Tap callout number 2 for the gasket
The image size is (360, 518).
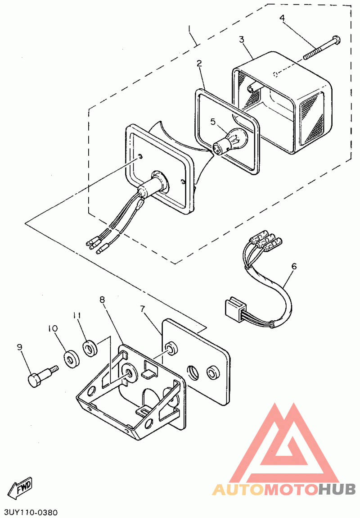coord(199,63)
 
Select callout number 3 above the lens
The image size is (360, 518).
coord(242,40)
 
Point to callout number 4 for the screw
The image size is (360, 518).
coord(282,18)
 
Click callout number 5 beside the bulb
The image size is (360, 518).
coord(213,122)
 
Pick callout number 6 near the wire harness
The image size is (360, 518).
coord(294,266)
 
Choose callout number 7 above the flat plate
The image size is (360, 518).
coord(143,309)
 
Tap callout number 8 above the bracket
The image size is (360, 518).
coord(102,300)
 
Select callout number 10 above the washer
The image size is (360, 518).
coord(52,328)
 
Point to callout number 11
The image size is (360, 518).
coord(77,315)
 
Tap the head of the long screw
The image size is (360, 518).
coord(336,40)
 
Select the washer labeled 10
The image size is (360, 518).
coord(71,359)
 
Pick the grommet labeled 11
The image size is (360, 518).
coord(90,349)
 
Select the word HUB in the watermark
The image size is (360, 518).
coord(337,490)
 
